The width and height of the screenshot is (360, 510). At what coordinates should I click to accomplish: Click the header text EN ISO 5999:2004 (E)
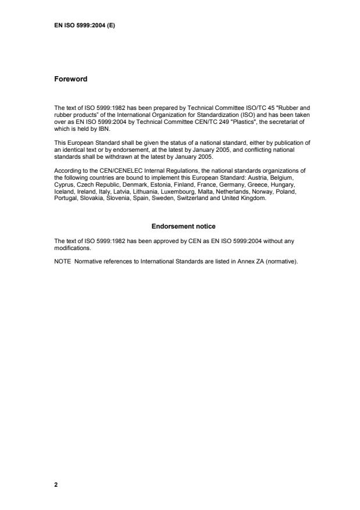[84, 26]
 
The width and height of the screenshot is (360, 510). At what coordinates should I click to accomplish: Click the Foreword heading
[70, 79]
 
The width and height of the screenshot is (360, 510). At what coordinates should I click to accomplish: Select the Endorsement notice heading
[183, 226]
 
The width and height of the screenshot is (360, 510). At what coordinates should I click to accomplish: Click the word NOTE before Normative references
[62, 261]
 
